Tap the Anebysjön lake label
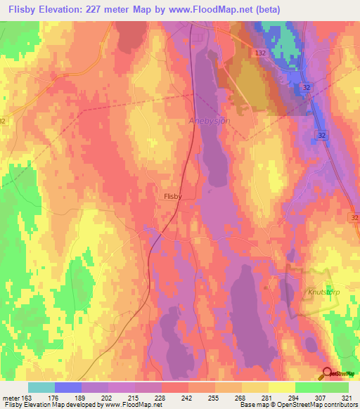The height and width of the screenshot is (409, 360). click(210, 121)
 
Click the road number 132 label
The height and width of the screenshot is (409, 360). click(260, 53)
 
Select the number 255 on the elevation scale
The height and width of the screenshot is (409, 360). click(202, 397)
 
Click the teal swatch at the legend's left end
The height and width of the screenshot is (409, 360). click(41, 387)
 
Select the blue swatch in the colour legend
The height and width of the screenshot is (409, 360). click(68, 387)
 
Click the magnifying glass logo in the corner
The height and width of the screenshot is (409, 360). click(328, 375)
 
